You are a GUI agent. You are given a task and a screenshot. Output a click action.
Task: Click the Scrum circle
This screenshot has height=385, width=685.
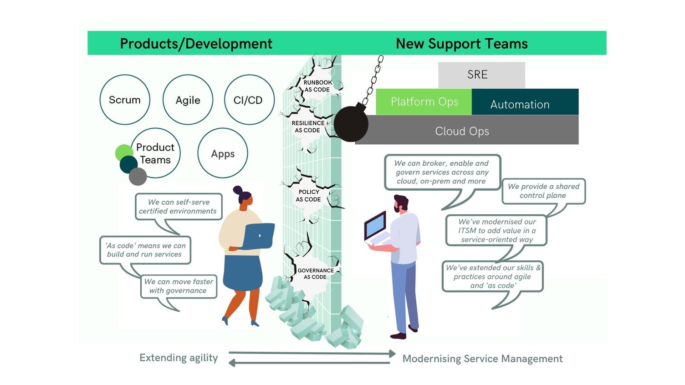point(125,100)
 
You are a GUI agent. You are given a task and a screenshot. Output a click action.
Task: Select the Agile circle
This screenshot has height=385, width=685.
point(188,100)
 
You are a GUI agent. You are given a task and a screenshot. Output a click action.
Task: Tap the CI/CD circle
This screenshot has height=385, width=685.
point(249,100)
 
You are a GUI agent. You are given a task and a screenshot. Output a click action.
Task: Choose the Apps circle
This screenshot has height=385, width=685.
point(223,153)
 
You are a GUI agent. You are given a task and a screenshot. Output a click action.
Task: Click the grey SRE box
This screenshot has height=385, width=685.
point(481,75)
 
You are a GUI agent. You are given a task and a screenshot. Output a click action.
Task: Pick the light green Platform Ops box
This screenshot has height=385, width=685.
point(424,101)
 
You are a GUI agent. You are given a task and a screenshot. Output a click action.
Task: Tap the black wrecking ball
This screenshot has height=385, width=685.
point(351,123)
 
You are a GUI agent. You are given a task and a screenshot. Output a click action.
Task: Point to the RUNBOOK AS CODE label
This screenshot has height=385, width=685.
point(317,86)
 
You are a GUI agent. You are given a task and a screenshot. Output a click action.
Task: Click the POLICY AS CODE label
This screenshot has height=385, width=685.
point(309,196)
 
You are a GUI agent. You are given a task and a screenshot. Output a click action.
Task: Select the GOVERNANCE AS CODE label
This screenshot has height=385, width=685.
point(315,274)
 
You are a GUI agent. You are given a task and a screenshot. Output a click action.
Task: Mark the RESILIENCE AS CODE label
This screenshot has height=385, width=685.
point(308,127)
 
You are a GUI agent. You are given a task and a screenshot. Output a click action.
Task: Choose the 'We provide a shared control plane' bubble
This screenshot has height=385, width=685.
point(543,191)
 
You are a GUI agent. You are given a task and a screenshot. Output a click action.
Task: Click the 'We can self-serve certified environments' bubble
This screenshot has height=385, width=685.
point(179,207)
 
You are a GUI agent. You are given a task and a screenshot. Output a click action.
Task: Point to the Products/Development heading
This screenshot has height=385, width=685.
point(196,44)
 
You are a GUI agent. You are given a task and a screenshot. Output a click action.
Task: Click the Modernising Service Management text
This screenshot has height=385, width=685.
point(482,359)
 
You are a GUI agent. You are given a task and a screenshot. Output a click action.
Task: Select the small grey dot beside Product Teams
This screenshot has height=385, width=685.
point(138,176)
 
